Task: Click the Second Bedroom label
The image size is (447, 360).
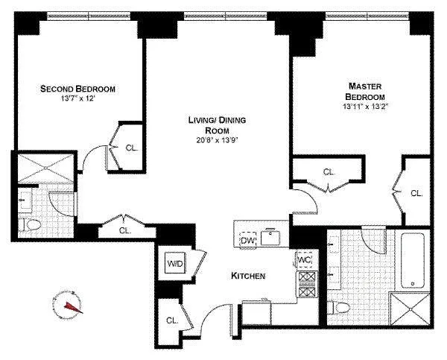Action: click(x=77, y=89)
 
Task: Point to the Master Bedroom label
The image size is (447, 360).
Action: click(x=364, y=92)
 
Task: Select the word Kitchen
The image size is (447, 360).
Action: click(x=249, y=276)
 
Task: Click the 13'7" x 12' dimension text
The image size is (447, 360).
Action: click(x=77, y=100)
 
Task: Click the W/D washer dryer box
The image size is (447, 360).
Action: click(x=175, y=263)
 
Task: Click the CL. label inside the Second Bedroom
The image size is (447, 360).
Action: click(x=131, y=148)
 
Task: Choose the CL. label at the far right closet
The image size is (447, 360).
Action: click(x=416, y=193)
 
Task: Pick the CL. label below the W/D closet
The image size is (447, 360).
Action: click(x=172, y=320)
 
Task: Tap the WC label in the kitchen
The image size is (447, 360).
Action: click(x=303, y=259)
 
